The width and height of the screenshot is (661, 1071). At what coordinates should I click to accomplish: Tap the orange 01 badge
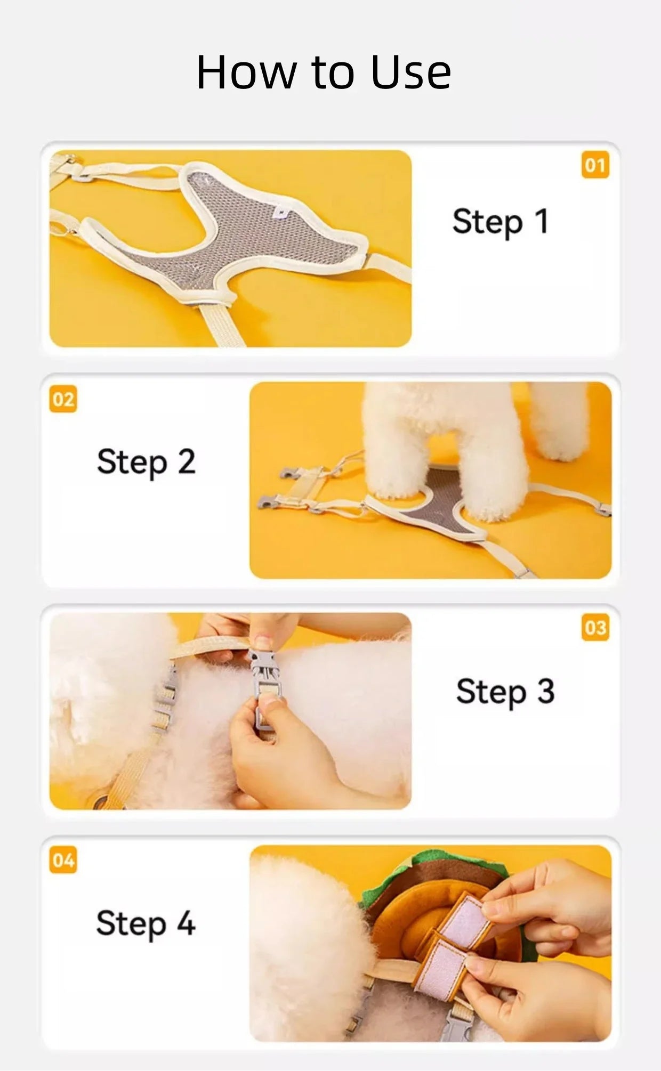pyautogui.click(x=595, y=165)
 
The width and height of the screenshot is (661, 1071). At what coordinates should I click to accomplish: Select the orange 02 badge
pyautogui.click(x=63, y=399)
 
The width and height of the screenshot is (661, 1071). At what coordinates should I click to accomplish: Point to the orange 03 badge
pyautogui.click(x=595, y=627)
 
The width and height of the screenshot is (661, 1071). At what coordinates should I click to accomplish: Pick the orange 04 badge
pyautogui.click(x=63, y=860)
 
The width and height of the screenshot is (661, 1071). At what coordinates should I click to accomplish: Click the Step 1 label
pyautogui.click(x=501, y=222)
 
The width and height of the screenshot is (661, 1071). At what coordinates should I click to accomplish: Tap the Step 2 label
pyautogui.click(x=146, y=461)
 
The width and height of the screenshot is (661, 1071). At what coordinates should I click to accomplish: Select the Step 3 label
pyautogui.click(x=505, y=692)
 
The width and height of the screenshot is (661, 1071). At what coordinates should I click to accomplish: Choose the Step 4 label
pyautogui.click(x=146, y=923)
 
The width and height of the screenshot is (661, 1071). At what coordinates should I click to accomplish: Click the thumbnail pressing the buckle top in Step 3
pyautogui.click(x=261, y=639)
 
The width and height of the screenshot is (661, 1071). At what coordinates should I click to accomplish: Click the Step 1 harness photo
pyautogui.click(x=230, y=248)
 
